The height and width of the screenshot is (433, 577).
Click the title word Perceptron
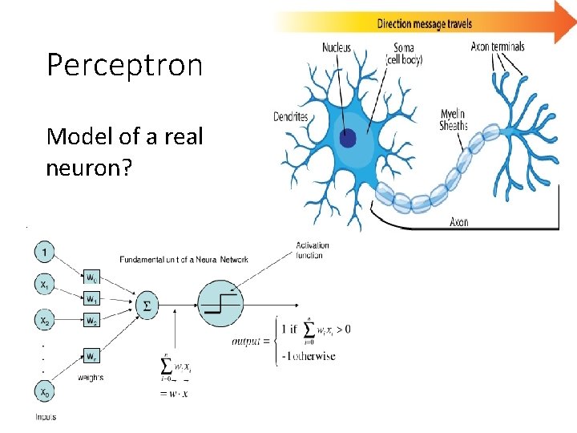coord(124,65)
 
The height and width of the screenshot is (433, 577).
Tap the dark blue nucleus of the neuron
coord(347,139)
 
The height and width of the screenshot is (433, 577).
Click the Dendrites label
coord(291,116)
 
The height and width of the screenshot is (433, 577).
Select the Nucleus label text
coord(336,48)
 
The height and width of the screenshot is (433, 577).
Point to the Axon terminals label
coord(498,47)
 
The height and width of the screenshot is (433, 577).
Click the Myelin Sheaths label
coord(454,119)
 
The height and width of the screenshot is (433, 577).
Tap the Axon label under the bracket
coord(458,221)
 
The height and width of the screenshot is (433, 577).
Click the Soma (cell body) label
coord(404,54)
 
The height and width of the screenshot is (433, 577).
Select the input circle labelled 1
coord(45,252)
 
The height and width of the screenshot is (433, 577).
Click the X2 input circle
coord(45,321)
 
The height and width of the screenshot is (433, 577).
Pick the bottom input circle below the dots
coord(45,392)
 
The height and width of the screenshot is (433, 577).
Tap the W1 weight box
coord(92,299)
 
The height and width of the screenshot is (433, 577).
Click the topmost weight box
coord(92,277)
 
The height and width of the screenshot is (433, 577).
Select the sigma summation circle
coord(147,306)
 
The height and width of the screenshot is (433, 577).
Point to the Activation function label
coord(312,250)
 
